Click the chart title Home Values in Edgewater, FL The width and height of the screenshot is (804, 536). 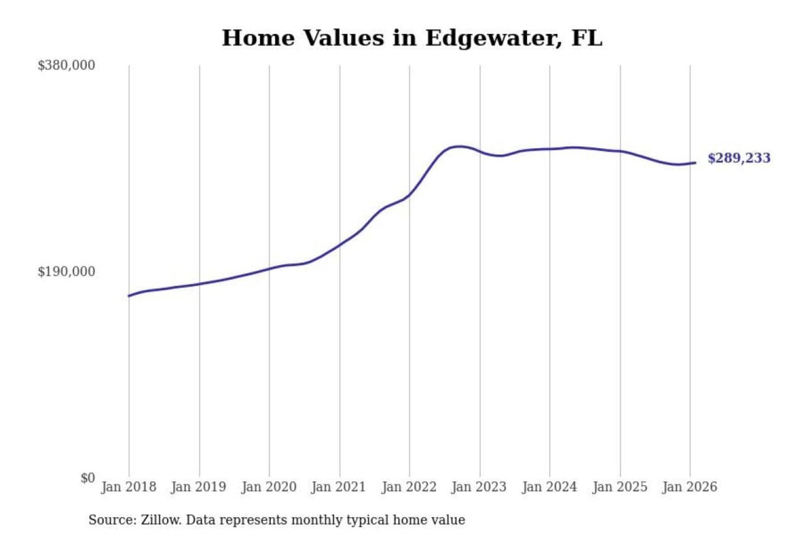[412, 38]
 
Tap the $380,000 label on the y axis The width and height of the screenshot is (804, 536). [66, 65]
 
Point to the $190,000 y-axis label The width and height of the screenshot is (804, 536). [66, 271]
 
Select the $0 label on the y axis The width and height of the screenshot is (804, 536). [88, 478]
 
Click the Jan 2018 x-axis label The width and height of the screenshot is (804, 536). [128, 487]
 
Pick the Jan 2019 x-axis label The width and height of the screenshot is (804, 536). [199, 487]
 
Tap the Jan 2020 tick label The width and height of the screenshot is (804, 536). [269, 487]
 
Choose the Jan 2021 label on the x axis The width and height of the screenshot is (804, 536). [338, 487]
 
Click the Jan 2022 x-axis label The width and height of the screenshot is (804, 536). [409, 487]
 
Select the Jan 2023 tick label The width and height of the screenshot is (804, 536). [478, 487]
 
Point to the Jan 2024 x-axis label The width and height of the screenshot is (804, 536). [549, 487]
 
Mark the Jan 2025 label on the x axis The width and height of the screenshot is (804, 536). [619, 487]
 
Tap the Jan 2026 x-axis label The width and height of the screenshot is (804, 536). [689, 487]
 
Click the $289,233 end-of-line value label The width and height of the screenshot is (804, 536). [739, 158]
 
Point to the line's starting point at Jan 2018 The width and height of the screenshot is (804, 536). [129, 295]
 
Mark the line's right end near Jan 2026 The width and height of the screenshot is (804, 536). [695, 162]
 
